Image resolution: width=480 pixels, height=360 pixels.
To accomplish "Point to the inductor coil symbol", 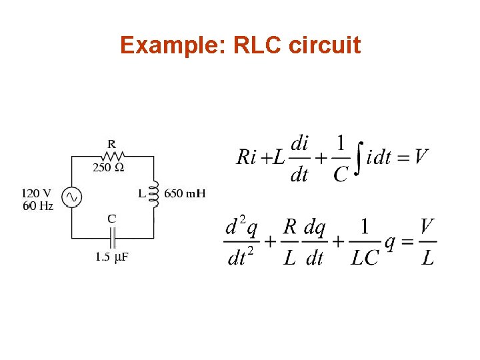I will (x=155, y=194).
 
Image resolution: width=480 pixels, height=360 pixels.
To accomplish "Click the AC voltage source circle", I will (x=71, y=197).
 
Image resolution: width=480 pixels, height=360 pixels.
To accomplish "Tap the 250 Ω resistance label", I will (x=108, y=168).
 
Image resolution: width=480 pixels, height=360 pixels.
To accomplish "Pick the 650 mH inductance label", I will (x=185, y=194).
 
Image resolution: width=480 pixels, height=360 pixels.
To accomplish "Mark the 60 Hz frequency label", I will (x=38, y=206).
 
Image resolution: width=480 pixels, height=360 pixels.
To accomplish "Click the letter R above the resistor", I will (x=111, y=143).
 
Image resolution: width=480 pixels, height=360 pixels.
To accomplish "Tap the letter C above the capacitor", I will (x=111, y=218).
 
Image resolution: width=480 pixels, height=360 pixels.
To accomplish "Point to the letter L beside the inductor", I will (x=141, y=194).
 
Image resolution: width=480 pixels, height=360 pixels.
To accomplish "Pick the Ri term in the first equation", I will (x=247, y=157).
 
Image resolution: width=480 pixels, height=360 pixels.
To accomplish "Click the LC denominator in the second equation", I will (x=365, y=257).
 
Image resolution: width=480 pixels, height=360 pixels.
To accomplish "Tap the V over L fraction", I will (x=429, y=242).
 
